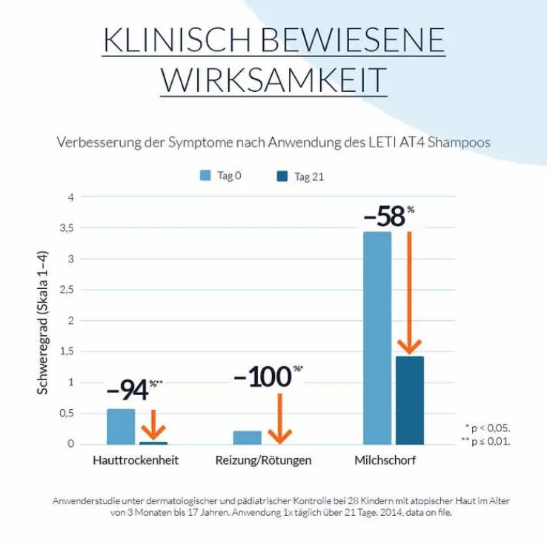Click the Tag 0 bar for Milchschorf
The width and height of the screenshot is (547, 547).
click(377, 337)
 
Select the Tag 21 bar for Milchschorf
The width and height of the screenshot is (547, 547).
click(410, 400)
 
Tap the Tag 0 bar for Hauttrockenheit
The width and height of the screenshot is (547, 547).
click(121, 426)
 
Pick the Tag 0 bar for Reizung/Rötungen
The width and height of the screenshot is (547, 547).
click(248, 437)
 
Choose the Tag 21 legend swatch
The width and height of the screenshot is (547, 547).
click(282, 176)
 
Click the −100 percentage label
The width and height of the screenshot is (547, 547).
click(262, 377)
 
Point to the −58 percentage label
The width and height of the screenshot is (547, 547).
click(385, 216)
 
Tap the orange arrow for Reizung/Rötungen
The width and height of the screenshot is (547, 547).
click(279, 419)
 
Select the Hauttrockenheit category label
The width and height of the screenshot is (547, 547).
click(136, 460)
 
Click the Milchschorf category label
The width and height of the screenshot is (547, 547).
click(385, 460)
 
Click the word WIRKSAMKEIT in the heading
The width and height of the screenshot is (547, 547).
click(273, 80)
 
